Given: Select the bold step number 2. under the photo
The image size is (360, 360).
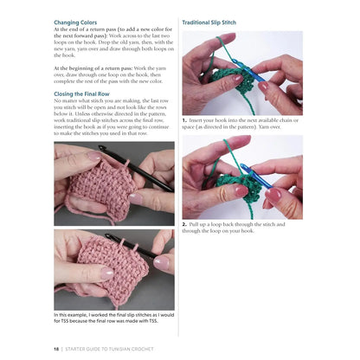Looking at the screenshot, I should point(185,225).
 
